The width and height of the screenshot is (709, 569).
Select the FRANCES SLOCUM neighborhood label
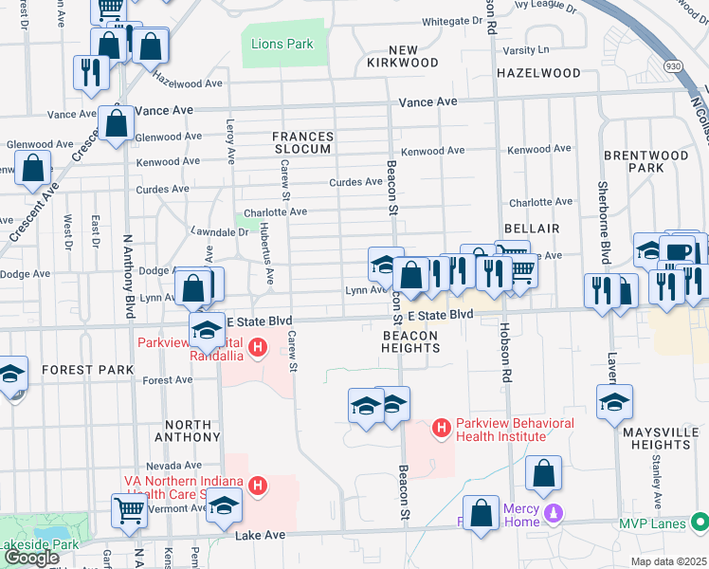(x=302, y=142)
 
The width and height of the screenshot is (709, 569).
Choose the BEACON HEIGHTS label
(x=410, y=341)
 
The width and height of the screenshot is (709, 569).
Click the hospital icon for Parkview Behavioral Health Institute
(x=441, y=429)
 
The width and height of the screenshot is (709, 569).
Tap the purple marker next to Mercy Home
(x=554, y=514)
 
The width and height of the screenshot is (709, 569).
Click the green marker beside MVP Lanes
(x=699, y=522)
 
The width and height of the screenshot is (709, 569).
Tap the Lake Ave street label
(x=261, y=536)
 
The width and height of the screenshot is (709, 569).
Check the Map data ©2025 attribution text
(x=667, y=561)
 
